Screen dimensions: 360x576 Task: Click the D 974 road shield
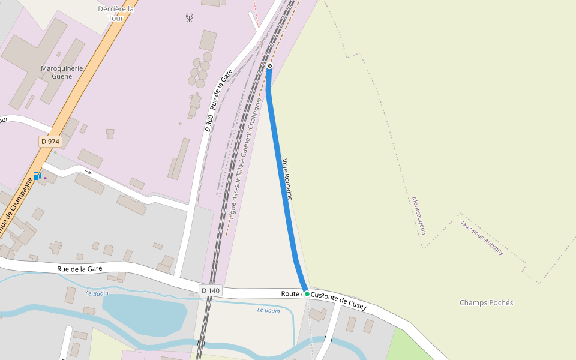pos(50,142)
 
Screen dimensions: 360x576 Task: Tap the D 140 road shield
pos(211,290)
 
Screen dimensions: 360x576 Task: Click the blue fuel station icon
pos(37,176)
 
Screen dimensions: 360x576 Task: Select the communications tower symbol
pos(190,17)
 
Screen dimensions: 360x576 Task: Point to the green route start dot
pos(307,294)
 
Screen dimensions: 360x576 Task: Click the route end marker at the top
pos(269,65)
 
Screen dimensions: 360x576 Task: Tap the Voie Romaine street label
pos(287,179)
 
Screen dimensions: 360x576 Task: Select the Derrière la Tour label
pos(116,13)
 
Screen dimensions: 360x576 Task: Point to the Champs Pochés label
pos(486,302)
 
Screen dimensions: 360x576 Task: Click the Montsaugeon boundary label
pos(419,215)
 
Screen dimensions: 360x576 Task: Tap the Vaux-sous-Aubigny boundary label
pos(482,238)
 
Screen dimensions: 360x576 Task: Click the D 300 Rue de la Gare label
pos(218,100)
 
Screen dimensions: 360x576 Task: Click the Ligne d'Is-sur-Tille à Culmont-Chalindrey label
pos(247,159)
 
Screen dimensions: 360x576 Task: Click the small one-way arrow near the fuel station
pos(88,172)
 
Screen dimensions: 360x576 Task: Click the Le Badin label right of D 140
pos(268,310)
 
